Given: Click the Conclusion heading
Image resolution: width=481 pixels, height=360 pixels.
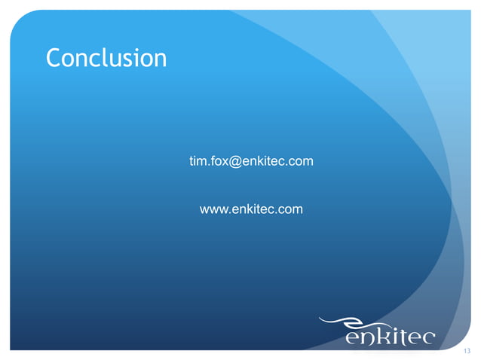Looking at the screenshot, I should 106,57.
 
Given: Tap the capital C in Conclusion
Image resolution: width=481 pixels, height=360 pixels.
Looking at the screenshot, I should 53,57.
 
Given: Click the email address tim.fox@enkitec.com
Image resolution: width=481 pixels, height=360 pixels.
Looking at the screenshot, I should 251,161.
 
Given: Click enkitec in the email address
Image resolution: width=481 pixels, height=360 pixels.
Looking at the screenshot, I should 260,161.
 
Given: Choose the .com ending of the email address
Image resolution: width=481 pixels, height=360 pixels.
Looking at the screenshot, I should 300,161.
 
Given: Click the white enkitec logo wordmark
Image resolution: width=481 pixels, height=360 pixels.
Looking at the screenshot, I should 390,335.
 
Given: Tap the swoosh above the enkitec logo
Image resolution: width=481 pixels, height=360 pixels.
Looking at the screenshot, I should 354,320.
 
